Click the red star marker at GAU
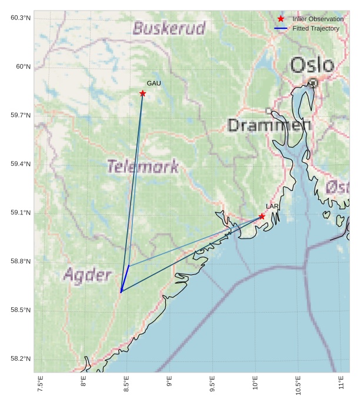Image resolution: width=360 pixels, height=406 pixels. [x=142, y=93]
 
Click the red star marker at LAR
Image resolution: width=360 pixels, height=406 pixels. [x=262, y=216]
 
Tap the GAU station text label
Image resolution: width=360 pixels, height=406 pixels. [x=154, y=83]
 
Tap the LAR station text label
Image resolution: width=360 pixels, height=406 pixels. [x=272, y=206]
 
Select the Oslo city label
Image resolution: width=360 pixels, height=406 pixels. [x=312, y=65]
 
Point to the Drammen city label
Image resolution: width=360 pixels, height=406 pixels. [x=269, y=125]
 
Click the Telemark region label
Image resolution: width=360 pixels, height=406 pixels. [x=143, y=166]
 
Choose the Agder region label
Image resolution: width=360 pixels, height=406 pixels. [x=87, y=275]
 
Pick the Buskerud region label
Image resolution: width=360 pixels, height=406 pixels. [x=169, y=28]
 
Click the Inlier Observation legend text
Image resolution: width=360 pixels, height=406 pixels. [x=318, y=19]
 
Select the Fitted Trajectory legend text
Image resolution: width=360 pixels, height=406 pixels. [x=316, y=28]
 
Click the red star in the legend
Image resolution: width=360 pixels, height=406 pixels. [x=281, y=19]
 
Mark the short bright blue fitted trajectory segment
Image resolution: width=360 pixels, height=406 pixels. [x=125, y=279]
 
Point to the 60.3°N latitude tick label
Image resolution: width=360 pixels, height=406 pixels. [x=21, y=18]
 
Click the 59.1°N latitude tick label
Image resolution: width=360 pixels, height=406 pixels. [x=21, y=213]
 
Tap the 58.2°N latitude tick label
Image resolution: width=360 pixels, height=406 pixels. [x=21, y=359]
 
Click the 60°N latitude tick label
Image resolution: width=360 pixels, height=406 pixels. [x=23, y=66]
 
